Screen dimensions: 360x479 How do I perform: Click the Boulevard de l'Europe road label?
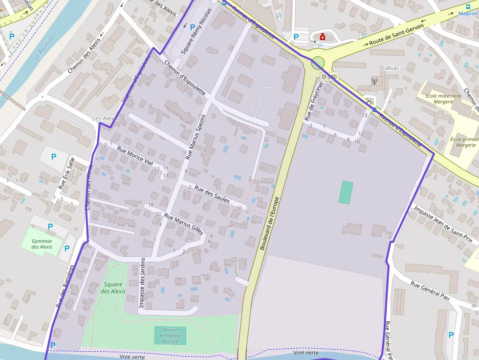(x=269, y=223)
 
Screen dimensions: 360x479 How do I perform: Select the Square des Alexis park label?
(x=113, y=288)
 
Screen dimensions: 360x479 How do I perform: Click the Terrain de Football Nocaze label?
(x=170, y=336)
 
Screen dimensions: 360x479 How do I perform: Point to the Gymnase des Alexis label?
(x=42, y=244)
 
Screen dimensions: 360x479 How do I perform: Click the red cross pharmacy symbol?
(x=323, y=37)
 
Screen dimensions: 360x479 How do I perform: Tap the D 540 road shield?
(x=329, y=77)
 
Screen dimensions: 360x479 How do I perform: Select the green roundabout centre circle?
(x=318, y=63)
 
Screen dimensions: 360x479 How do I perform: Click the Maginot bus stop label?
(x=467, y=13)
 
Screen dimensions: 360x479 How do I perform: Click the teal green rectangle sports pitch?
(x=346, y=192)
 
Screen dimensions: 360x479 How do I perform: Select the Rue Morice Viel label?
(x=134, y=156)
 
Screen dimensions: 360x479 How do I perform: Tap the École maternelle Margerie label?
(x=443, y=99)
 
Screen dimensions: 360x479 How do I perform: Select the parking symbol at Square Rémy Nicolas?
(x=193, y=28)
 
